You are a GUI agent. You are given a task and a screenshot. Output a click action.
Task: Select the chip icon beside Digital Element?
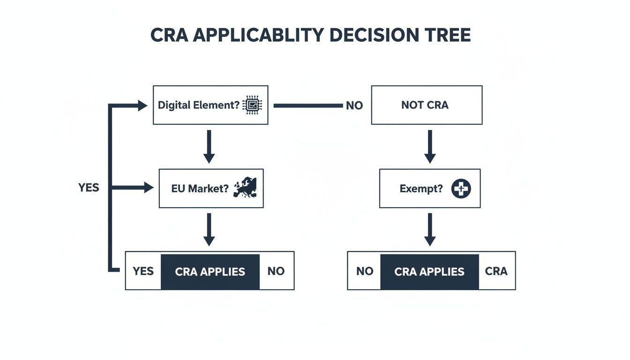(253, 105)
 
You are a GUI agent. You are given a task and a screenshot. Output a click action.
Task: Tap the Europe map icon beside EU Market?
(245, 188)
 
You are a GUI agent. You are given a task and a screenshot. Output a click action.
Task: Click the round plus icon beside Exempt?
(461, 189)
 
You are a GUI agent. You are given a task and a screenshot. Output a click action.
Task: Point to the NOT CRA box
(427, 105)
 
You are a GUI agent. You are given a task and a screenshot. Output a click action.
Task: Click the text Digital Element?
(199, 105)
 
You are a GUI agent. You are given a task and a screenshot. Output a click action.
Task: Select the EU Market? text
(200, 189)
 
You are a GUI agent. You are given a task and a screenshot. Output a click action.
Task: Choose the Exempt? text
(421, 189)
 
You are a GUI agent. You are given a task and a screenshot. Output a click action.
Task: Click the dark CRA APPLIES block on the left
(210, 271)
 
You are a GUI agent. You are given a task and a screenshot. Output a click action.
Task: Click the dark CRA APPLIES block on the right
(429, 271)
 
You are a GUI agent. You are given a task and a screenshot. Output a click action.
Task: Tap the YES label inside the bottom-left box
(143, 271)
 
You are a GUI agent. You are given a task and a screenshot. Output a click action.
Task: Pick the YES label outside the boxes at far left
(89, 188)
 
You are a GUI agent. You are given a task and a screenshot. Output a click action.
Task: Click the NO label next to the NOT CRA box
(354, 106)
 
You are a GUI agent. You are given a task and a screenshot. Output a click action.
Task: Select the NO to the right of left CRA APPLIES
(276, 271)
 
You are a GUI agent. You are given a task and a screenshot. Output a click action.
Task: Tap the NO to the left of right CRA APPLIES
(364, 271)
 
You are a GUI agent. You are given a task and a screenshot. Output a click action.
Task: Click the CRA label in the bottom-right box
(496, 271)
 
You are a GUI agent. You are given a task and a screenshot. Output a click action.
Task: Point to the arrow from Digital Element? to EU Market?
(209, 146)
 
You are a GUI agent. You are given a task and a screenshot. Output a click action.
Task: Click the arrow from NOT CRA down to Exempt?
(429, 146)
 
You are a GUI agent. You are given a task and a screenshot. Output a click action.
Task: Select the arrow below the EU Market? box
(209, 229)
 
